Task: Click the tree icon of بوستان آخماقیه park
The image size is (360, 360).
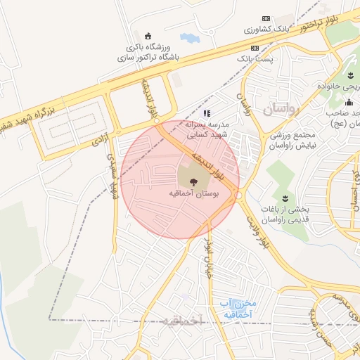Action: pos(193,181)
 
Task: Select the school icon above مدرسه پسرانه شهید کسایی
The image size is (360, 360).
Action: pos(206,112)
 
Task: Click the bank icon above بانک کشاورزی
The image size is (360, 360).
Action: pos(265,19)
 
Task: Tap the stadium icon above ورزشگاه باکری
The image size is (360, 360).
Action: pos(148,36)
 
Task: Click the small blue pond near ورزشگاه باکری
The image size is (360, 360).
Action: pos(189,37)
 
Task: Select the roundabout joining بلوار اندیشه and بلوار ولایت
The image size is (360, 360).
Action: pos(239,195)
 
